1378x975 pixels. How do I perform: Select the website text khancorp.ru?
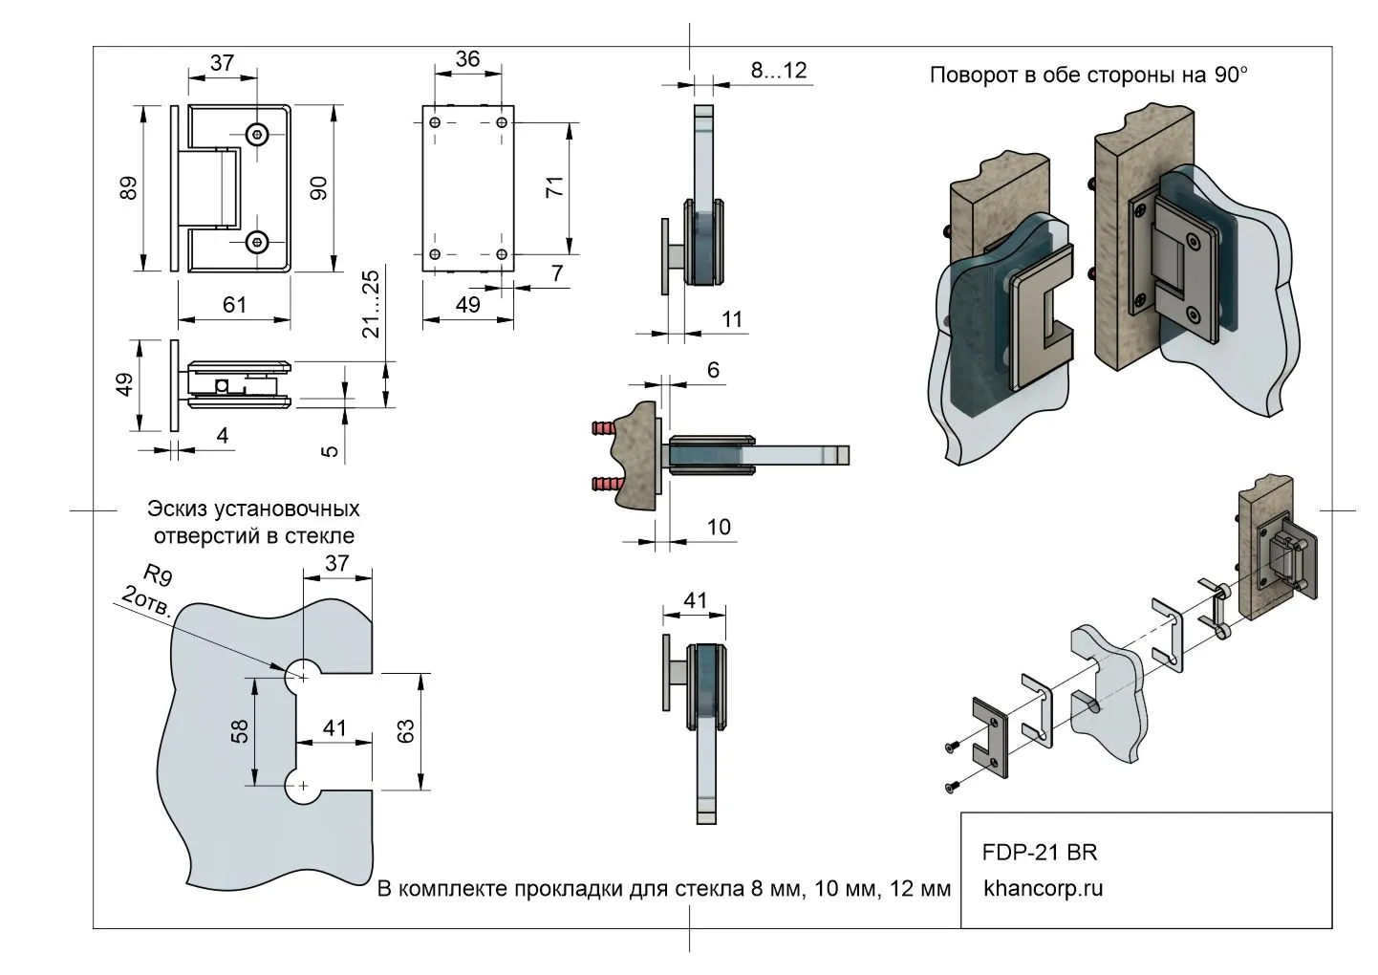coord(1044,888)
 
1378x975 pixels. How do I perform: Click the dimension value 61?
coord(234,304)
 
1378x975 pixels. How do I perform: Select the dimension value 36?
coord(467,58)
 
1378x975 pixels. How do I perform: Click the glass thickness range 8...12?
coord(778,69)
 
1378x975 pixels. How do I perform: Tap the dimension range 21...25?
coord(371,304)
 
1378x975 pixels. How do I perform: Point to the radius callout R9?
coord(157,576)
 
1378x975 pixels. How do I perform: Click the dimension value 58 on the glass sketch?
coord(240,730)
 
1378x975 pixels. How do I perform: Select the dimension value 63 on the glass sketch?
coord(405,731)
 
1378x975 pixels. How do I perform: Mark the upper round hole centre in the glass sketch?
coord(304,677)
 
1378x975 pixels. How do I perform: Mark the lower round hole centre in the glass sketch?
coord(304,786)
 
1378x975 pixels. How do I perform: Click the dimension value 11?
coord(732,319)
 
